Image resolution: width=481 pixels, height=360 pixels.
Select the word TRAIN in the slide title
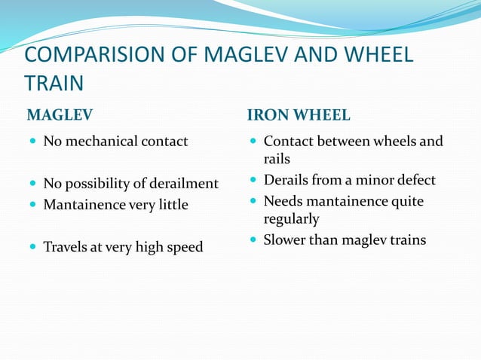point(53,83)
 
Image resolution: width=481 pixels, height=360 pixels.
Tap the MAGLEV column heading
point(60,115)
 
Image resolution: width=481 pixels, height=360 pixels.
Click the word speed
point(185,246)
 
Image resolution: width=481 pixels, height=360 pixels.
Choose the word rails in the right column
point(277,159)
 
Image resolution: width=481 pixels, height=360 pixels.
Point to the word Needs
point(283,202)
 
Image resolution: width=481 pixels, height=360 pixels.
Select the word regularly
point(291,219)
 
